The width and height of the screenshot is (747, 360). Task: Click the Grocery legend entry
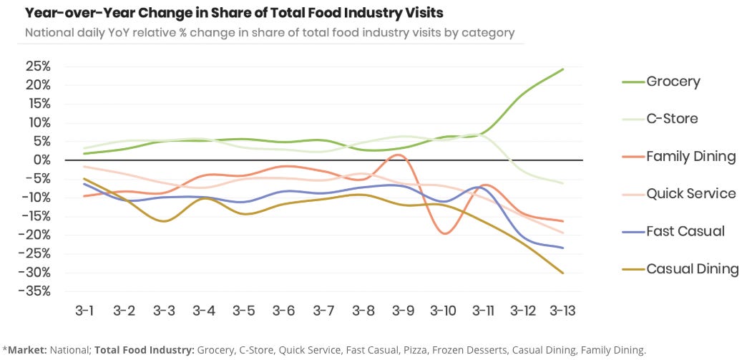673,82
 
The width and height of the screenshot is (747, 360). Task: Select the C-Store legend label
673,119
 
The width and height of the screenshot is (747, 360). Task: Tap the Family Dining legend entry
690,156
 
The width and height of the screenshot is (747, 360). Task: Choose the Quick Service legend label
690,193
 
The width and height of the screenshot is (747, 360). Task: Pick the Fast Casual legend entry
685,231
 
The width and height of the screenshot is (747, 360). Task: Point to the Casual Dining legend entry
692,269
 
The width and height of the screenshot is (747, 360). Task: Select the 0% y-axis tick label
41,160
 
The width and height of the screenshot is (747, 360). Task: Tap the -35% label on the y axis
34,291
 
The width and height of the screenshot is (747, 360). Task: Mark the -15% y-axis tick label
34,216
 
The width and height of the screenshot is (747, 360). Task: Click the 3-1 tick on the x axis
84,311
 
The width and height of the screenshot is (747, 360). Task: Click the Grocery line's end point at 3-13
563,69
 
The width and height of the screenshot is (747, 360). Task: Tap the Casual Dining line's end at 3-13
563,273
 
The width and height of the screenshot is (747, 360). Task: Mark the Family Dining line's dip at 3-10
445,233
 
